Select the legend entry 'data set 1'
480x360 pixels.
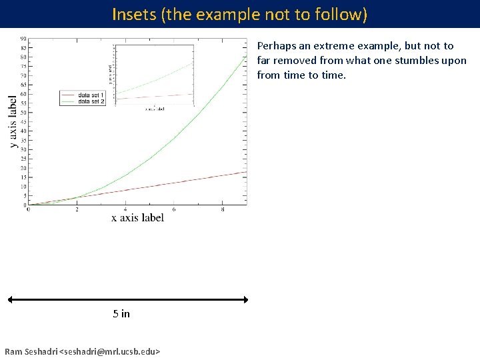pos(91,95)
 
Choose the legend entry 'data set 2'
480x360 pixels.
pos(91,101)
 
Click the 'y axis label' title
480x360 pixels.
pos(13,121)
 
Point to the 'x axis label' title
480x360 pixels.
pos(137,217)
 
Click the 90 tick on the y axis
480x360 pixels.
pos(23,39)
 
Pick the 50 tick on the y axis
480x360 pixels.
pos(23,112)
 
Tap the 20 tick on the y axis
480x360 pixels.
pos(23,167)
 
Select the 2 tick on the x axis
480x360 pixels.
pos(77,209)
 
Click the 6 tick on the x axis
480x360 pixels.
pos(174,209)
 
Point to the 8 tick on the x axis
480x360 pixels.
pos(223,209)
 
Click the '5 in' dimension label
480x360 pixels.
pos(121,313)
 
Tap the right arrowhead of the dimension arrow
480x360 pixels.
pos(245,299)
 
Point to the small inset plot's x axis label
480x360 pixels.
pos(155,109)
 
